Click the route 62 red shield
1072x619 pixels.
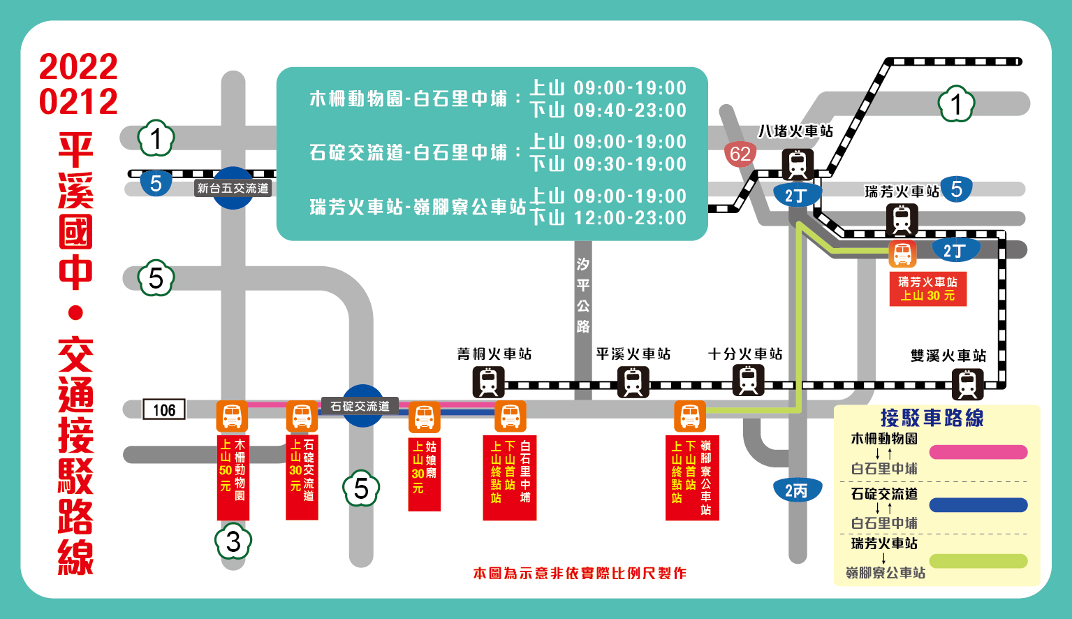(x=740, y=154)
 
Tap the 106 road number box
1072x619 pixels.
(x=164, y=409)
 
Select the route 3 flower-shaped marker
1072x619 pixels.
(x=233, y=542)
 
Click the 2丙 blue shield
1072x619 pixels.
(x=797, y=490)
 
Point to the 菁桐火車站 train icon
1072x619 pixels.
(x=488, y=382)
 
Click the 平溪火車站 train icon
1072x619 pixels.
(x=633, y=382)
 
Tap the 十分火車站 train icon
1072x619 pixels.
(x=748, y=380)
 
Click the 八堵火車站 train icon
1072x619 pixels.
(x=797, y=165)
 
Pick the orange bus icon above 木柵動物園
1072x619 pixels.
(x=232, y=416)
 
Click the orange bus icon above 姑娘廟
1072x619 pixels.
(x=424, y=418)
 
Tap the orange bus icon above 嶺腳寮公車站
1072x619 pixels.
(x=690, y=416)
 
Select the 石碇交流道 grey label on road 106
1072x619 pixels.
(x=360, y=406)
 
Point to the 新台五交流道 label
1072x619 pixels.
(x=233, y=188)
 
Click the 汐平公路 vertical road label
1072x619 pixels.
(x=583, y=295)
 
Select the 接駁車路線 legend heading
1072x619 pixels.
(x=932, y=418)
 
